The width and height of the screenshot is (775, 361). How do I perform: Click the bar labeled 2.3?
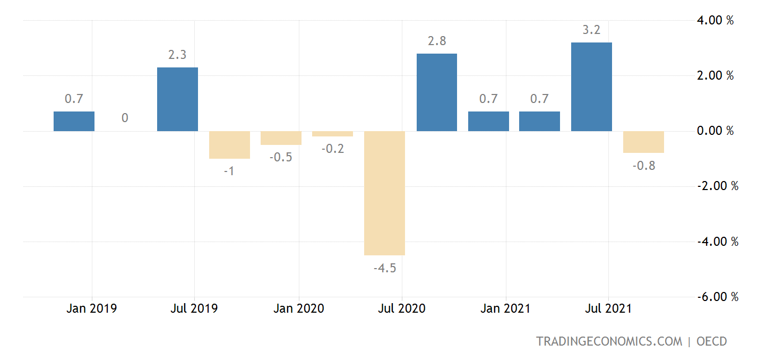(x=177, y=99)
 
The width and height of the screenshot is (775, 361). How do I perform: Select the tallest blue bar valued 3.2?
(x=591, y=87)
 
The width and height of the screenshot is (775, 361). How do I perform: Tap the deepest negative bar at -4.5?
(x=385, y=193)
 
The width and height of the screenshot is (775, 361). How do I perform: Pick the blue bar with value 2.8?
(x=437, y=92)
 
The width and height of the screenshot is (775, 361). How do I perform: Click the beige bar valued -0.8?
(x=643, y=142)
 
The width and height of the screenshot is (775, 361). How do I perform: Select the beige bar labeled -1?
(x=229, y=144)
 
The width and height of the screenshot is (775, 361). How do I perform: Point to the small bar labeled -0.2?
(x=333, y=134)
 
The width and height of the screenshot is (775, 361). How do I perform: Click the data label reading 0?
(x=125, y=118)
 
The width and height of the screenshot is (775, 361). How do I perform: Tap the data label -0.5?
(x=281, y=158)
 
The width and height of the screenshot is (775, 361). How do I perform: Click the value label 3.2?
(x=591, y=30)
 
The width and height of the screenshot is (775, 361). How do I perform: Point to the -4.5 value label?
(x=385, y=268)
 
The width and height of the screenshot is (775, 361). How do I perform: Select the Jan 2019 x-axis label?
(x=91, y=308)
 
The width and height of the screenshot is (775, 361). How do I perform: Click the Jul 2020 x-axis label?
(x=401, y=308)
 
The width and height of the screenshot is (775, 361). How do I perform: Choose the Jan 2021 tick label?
(x=505, y=308)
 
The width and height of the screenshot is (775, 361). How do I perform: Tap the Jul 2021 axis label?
(x=608, y=308)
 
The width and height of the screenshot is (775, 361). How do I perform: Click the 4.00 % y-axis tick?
(x=715, y=21)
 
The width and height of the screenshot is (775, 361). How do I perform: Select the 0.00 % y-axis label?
(x=715, y=131)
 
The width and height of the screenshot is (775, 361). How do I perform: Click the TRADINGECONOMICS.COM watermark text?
(x=609, y=341)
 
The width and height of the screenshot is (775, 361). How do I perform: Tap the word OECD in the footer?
(x=711, y=341)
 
